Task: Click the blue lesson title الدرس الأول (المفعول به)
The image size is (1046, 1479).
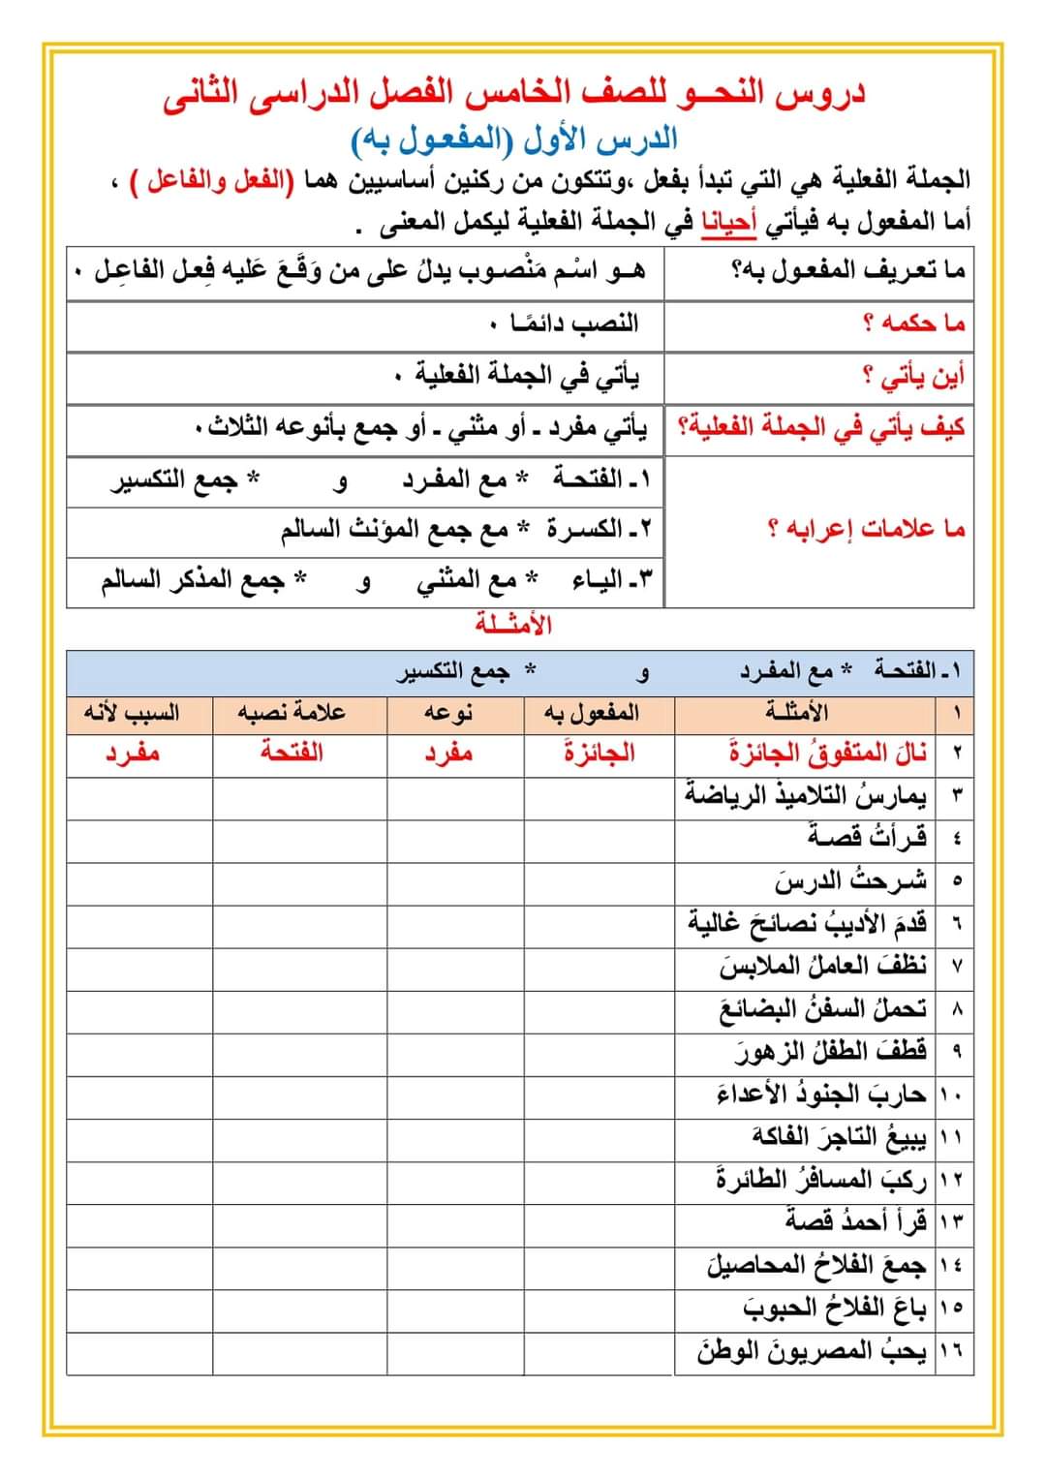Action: click(513, 139)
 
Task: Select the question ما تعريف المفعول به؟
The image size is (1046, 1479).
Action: click(847, 271)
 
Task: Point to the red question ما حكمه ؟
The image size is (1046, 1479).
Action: click(914, 323)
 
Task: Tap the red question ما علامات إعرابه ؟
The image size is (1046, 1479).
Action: click(867, 529)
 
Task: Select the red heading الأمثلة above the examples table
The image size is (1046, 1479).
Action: click(513, 625)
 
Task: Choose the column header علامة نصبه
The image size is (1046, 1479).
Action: click(292, 713)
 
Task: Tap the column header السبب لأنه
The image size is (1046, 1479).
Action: click(132, 713)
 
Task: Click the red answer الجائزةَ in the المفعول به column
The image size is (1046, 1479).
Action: click(600, 753)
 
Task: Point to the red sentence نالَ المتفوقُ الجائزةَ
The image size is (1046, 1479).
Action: click(828, 753)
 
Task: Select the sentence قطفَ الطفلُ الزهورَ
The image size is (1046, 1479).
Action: click(830, 1050)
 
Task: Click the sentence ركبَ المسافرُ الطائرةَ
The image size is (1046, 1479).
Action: click(821, 1179)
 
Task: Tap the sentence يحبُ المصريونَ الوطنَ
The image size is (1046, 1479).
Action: click(812, 1350)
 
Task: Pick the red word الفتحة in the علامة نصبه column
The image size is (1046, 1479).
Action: click(292, 753)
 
